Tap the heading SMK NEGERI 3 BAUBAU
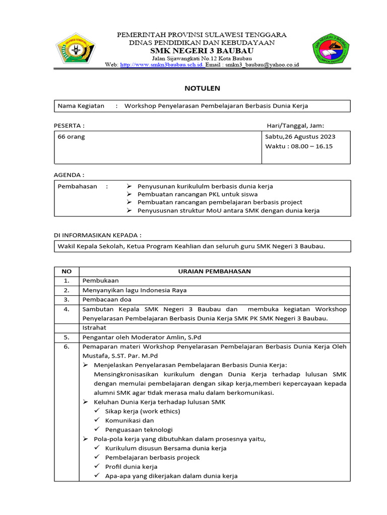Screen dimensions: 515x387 (202, 51)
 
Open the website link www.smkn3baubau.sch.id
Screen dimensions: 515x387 (162, 65)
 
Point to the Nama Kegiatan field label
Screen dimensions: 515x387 (81, 106)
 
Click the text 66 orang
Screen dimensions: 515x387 (72, 137)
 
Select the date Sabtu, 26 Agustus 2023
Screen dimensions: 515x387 (300, 137)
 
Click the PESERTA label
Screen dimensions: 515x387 (69, 125)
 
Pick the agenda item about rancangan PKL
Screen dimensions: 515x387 (198, 194)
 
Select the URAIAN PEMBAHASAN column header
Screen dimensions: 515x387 (214, 271)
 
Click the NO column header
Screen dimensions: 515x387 (67, 271)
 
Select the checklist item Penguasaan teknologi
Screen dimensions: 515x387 (139, 430)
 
